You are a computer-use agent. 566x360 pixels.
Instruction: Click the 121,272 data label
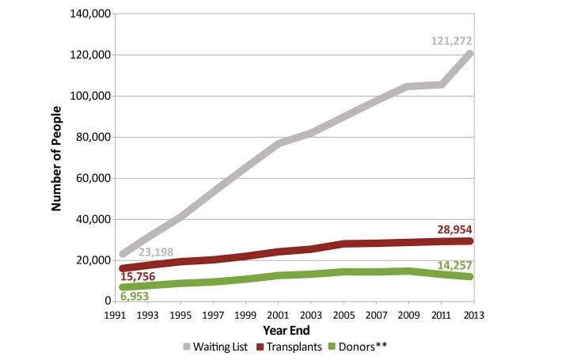pos(451,40)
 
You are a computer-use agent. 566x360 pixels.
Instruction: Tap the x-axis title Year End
pos(286,329)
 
